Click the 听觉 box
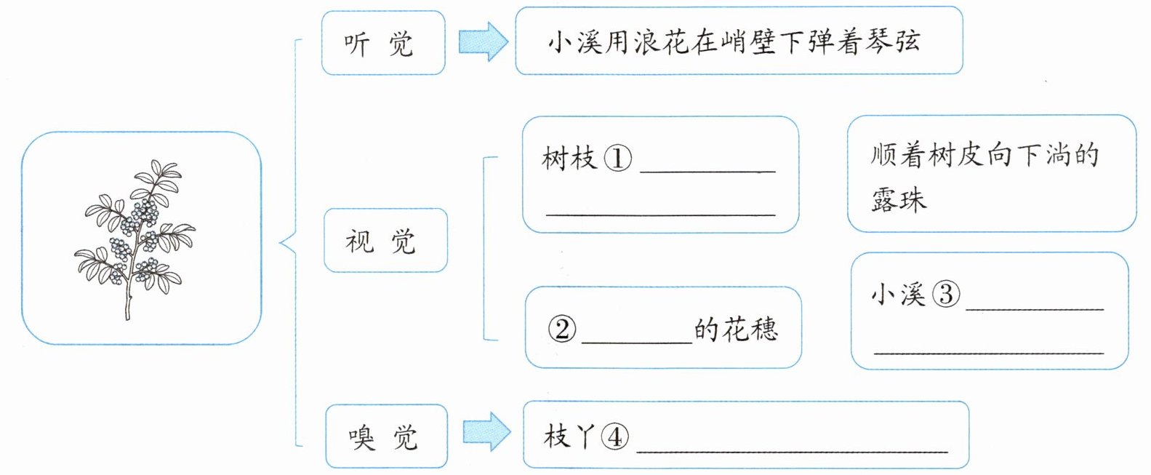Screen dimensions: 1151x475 coord(383,43)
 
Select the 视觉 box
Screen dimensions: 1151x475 coord(386,240)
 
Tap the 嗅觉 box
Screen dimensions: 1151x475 coord(386,436)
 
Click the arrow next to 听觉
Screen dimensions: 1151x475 coord(483,41)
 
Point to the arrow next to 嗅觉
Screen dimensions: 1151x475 coord(486,432)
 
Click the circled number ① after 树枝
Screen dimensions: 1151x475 coord(617,158)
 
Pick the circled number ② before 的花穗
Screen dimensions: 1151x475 coord(562,329)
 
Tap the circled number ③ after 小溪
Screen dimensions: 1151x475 coord(946,295)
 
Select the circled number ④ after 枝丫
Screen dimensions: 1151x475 coord(614,437)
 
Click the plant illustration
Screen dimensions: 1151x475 coord(134,239)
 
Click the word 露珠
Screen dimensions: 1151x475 coord(899,199)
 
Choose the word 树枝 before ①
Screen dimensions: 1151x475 coord(569,158)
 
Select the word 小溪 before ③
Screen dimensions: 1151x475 coord(898,295)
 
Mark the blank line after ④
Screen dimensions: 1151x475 coord(793,452)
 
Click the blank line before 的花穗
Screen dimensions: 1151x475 coord(637,343)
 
